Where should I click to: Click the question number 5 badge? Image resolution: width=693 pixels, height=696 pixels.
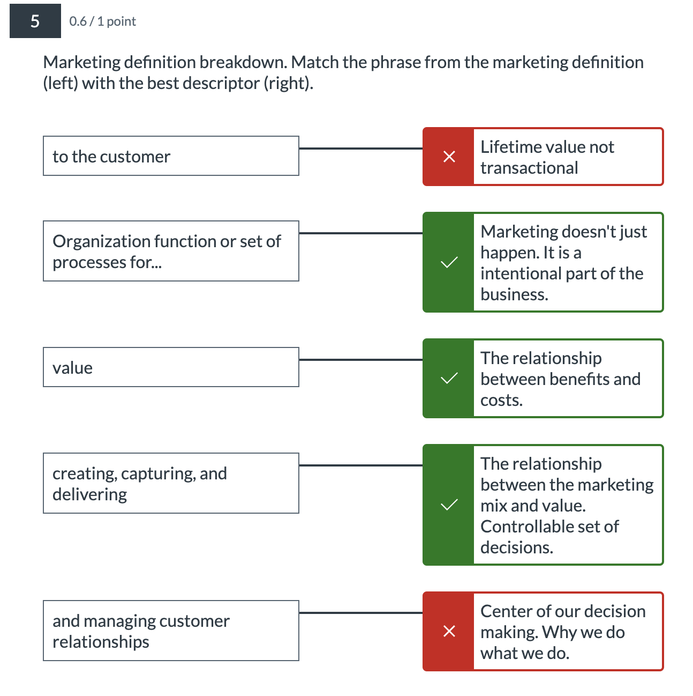pyautogui.click(x=35, y=21)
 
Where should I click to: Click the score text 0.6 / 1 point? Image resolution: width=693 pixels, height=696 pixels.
pyautogui.click(x=102, y=21)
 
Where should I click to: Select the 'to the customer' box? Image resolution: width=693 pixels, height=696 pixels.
pyautogui.click(x=170, y=156)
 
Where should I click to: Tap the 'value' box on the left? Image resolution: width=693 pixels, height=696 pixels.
pyautogui.click(x=170, y=367)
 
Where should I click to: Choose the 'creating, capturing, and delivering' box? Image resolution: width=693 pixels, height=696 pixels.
pyautogui.click(x=170, y=483)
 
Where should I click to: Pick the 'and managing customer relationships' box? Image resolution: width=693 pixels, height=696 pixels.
pyautogui.click(x=170, y=631)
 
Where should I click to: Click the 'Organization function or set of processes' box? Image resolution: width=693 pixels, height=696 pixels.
pyautogui.click(x=170, y=251)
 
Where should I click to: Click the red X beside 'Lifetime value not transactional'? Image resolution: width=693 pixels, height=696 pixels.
pyautogui.click(x=449, y=157)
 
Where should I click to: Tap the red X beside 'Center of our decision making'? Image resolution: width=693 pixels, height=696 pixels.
pyautogui.click(x=449, y=631)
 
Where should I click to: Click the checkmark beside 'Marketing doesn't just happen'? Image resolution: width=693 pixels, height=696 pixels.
pyautogui.click(x=449, y=262)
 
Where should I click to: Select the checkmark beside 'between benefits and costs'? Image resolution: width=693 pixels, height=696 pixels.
pyautogui.click(x=449, y=379)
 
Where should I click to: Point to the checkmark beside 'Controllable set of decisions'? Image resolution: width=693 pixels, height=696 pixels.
pyautogui.click(x=449, y=505)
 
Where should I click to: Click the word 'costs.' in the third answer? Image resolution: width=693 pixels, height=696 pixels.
pyautogui.click(x=501, y=400)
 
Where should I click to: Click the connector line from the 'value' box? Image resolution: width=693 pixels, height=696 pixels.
pyautogui.click(x=360, y=360)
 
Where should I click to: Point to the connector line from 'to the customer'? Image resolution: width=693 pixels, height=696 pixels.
pyautogui.click(x=360, y=149)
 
